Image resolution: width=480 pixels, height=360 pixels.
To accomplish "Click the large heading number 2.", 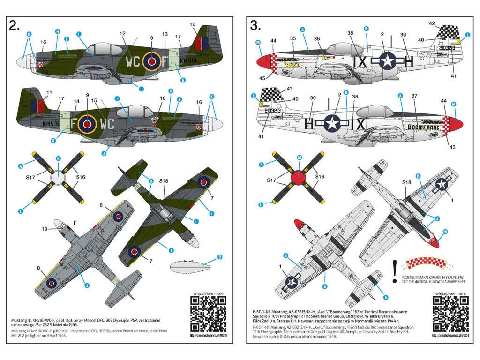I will pyautogui.click(x=15, y=26).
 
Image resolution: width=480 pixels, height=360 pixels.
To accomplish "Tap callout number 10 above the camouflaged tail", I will pyautogui.click(x=192, y=24).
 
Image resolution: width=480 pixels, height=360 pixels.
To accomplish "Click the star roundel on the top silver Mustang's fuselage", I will pyautogui.click(x=388, y=61).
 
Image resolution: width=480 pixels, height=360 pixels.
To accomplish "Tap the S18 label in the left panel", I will pyautogui.click(x=163, y=180).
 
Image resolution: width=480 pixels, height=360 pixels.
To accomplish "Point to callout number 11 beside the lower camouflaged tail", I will pyautogui.click(x=37, y=93).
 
